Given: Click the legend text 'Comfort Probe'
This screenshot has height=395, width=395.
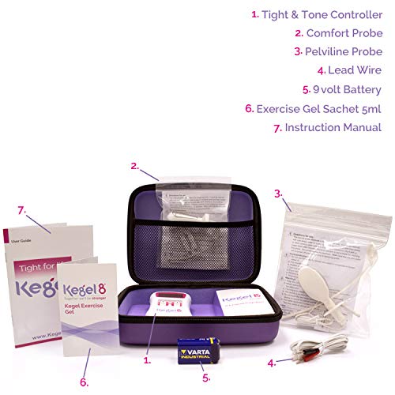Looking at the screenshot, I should click(x=344, y=33).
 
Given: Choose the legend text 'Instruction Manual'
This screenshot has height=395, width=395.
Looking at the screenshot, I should click(x=333, y=127).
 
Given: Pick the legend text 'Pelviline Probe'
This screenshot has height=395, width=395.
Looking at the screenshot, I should click(x=344, y=52).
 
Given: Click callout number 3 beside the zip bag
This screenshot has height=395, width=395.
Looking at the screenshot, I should click(x=278, y=192).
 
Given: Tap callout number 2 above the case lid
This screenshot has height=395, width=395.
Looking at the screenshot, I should click(x=134, y=166).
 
